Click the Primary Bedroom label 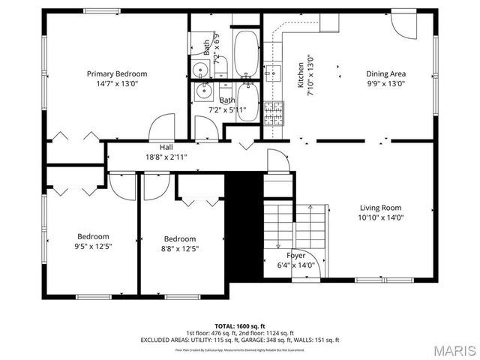[x=116, y=73]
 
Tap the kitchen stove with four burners [x=274, y=112]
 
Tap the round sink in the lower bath [x=203, y=93]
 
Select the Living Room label [x=380, y=208]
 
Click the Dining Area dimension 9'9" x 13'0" [x=385, y=84]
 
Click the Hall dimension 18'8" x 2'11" [x=166, y=157]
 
